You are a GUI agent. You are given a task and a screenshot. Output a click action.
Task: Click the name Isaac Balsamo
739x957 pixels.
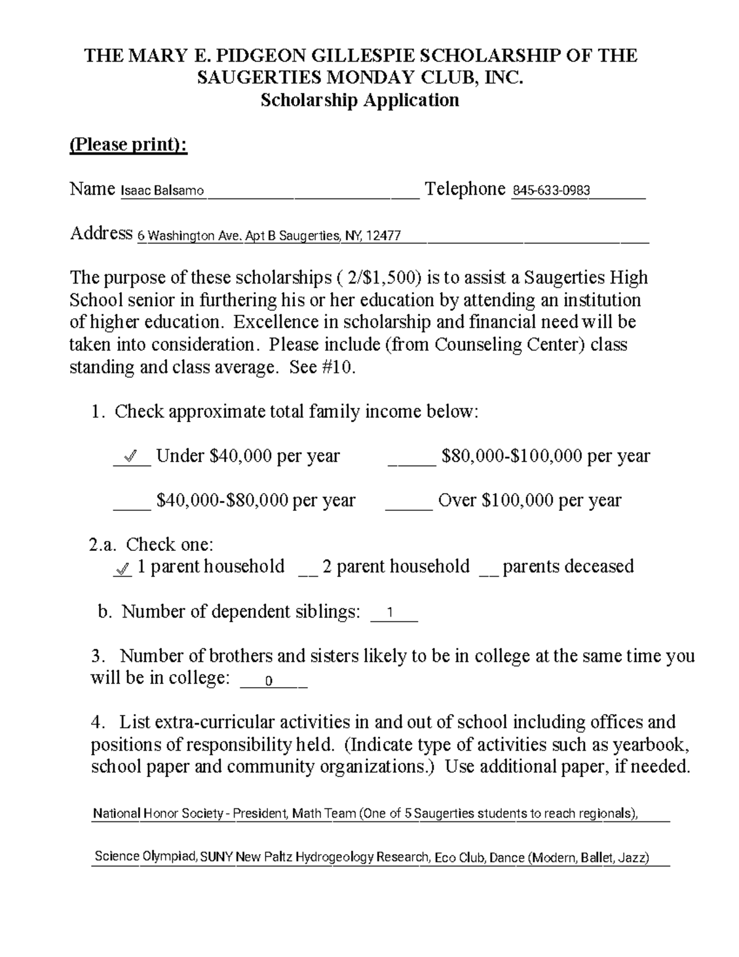[x=162, y=191]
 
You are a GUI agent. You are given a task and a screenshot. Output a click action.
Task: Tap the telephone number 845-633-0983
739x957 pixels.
[x=551, y=190]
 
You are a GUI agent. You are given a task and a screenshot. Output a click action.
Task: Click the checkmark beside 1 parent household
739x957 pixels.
[x=123, y=569]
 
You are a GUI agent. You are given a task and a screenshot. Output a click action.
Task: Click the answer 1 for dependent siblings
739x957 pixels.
[x=389, y=614]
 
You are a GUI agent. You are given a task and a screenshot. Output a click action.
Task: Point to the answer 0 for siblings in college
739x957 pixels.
[x=268, y=682]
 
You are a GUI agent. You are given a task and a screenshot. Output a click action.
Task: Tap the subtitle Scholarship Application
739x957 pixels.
[x=360, y=100]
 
